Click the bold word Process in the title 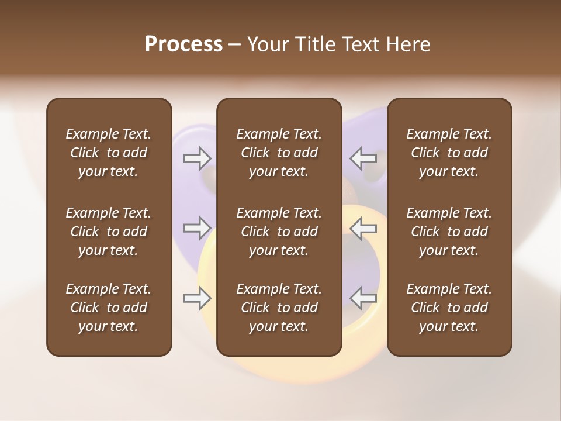tap(183, 44)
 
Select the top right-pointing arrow tap(197, 157)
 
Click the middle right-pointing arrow tap(197, 227)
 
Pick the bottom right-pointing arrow tap(197, 298)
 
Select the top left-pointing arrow tap(363, 157)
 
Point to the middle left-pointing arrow tap(363, 227)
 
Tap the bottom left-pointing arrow tap(363, 298)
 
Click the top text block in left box tap(109, 153)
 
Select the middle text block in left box tap(109, 232)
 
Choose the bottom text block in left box tap(109, 308)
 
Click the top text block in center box tap(279, 153)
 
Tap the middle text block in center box tap(279, 232)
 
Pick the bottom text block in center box tap(279, 308)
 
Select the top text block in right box tap(449, 153)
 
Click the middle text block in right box tap(449, 232)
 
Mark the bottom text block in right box tap(449, 308)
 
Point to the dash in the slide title tap(234, 45)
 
